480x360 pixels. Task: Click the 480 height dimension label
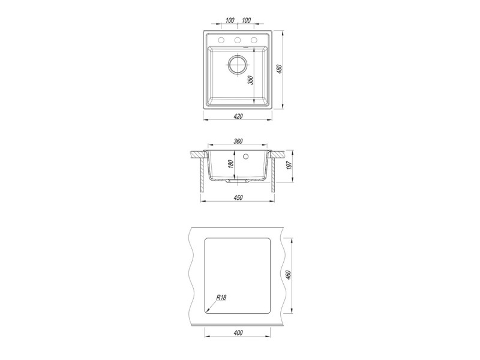(x=279, y=70)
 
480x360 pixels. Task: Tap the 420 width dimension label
(x=238, y=116)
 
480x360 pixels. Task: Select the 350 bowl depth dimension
(x=251, y=80)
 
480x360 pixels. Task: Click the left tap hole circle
(x=221, y=40)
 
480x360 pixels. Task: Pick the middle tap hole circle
(x=238, y=40)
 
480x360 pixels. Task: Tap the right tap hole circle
(x=254, y=40)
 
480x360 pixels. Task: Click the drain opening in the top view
(x=237, y=65)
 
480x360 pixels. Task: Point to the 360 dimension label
(x=238, y=141)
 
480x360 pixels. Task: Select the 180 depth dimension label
(x=231, y=163)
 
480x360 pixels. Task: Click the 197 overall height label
(x=290, y=165)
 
